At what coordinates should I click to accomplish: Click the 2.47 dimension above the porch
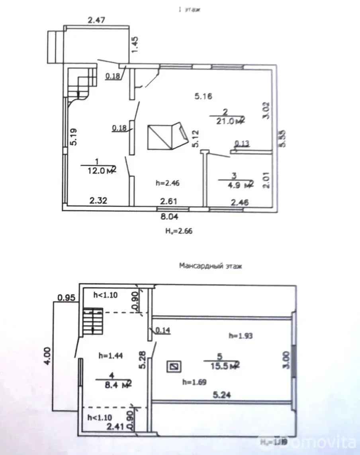pyautogui.click(x=96, y=20)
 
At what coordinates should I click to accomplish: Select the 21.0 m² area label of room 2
pyautogui.click(x=227, y=120)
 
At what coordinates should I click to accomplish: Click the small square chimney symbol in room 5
pyautogui.click(x=173, y=367)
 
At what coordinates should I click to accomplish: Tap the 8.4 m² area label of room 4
pyautogui.click(x=113, y=384)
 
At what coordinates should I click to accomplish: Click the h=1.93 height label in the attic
pyautogui.click(x=241, y=336)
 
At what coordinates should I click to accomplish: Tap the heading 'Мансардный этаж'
pyautogui.click(x=210, y=266)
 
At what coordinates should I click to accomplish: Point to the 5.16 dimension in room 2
pyautogui.click(x=203, y=96)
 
